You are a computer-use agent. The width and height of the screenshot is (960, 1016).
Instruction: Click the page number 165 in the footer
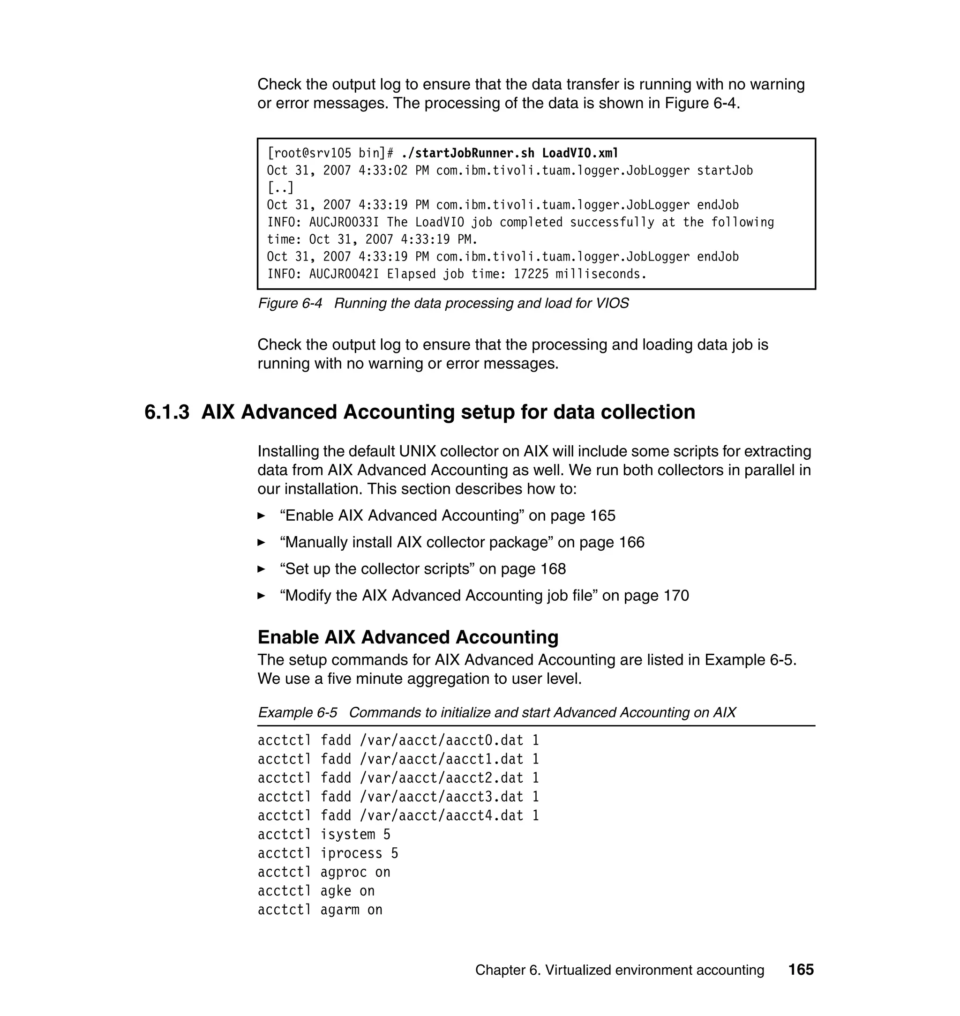[x=801, y=970]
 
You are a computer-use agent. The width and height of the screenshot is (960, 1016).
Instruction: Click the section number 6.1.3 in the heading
[x=167, y=412]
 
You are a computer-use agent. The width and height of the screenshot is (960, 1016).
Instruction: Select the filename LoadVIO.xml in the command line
[x=580, y=153]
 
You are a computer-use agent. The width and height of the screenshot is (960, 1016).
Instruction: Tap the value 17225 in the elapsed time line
[x=531, y=274]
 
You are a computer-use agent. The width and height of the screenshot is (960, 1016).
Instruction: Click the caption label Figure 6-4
[x=290, y=303]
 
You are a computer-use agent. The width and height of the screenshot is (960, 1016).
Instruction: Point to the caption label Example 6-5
[x=297, y=713]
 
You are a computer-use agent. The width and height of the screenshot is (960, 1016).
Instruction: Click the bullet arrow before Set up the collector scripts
[x=261, y=569]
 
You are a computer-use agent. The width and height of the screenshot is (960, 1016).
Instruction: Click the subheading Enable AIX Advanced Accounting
[x=408, y=637]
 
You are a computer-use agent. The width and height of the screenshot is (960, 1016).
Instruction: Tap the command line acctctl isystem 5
[x=324, y=834]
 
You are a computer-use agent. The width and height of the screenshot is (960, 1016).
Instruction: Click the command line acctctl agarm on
[x=320, y=910]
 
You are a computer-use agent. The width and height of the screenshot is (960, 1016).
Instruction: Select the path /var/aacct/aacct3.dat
[x=442, y=797]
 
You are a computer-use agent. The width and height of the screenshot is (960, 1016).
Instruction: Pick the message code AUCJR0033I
[x=344, y=222]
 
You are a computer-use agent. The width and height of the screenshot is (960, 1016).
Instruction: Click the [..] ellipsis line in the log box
[x=280, y=188]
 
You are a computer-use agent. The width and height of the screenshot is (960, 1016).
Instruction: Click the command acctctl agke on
[x=316, y=891]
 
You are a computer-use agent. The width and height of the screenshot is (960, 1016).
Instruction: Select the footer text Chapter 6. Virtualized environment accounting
[x=619, y=970]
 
